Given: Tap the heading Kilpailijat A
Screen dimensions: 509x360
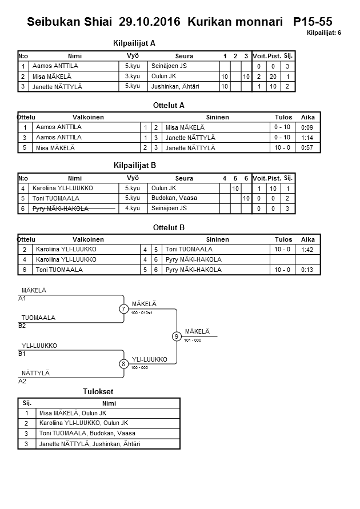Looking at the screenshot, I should [x=135, y=43].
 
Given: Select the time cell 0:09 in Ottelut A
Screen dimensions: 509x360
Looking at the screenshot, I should [x=307, y=127].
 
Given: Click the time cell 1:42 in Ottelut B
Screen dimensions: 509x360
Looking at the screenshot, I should [x=307, y=250].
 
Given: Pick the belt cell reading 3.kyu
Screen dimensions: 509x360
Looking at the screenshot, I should [x=133, y=76].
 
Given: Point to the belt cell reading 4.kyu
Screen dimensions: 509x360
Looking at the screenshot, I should [x=133, y=209].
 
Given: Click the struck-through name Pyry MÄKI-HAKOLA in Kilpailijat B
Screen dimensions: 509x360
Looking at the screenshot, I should [x=61, y=209].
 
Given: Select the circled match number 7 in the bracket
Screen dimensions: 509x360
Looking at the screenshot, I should [x=123, y=309].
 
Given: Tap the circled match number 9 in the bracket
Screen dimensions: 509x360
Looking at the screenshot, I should [x=177, y=336].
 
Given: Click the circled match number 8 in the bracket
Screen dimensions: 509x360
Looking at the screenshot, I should [x=123, y=363].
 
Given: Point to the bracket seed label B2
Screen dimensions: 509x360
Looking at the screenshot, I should [x=22, y=326].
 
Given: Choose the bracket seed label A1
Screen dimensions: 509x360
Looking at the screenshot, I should [x=22, y=298].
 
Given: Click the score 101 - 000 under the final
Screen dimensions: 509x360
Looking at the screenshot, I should [x=193, y=340].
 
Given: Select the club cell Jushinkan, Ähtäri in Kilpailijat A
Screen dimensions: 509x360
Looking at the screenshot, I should [x=175, y=86].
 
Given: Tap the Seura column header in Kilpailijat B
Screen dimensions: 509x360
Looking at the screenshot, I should [x=184, y=178].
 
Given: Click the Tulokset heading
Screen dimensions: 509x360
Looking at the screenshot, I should [x=98, y=391].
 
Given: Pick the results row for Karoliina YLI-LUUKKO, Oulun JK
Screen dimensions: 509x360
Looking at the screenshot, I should [x=83, y=423].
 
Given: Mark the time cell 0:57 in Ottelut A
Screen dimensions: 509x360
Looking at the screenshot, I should [x=307, y=148].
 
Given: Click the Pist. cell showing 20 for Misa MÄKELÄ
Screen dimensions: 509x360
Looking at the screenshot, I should [x=273, y=77].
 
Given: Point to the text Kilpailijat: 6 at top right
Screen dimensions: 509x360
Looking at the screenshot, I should [x=324, y=33].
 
